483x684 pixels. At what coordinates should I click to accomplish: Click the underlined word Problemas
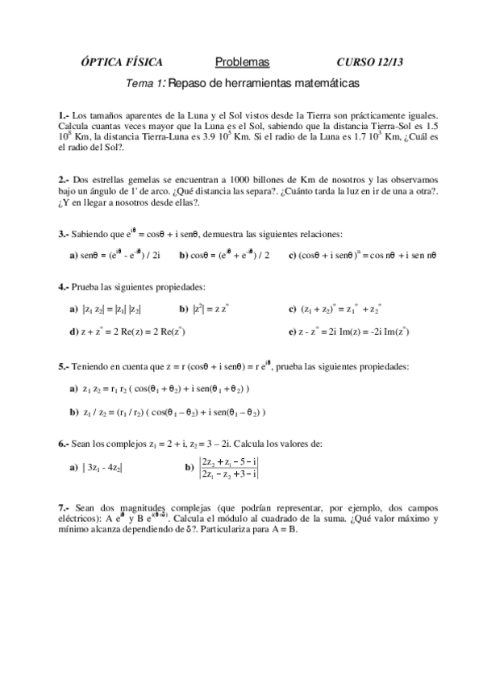point(242,63)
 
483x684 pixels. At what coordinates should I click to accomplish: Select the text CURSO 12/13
point(369,63)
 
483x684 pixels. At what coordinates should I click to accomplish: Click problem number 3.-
point(65,234)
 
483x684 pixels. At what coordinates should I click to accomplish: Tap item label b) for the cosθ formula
point(184,256)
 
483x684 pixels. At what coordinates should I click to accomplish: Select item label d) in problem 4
point(73,331)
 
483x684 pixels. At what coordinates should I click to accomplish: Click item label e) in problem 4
point(292,331)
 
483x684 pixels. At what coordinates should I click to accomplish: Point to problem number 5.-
point(65,366)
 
